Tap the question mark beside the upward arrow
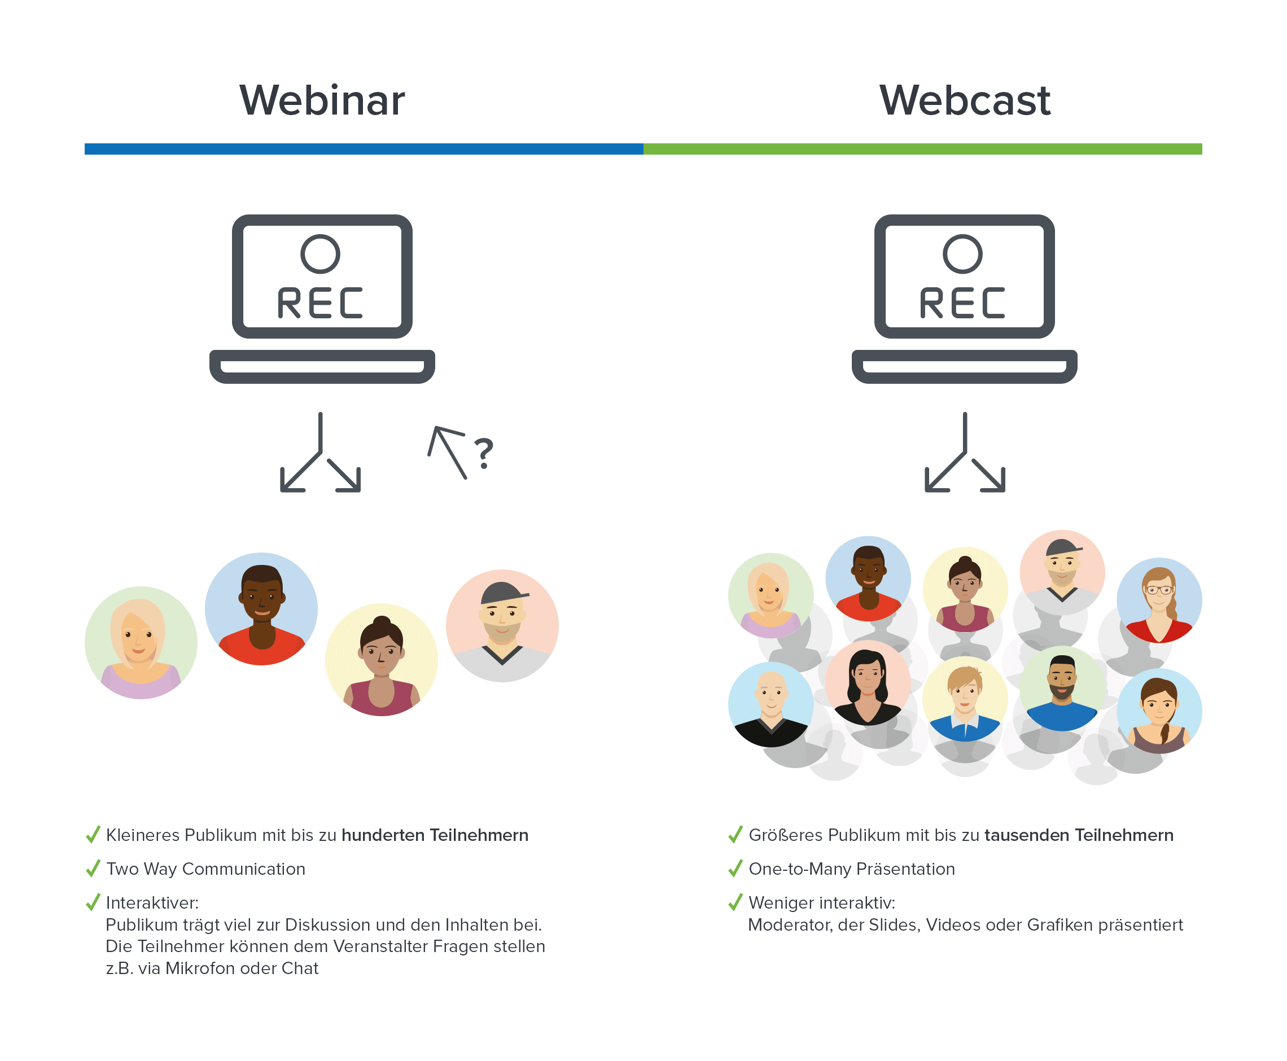coord(484,453)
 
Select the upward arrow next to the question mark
coord(448,451)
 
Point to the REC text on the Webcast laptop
coord(962,303)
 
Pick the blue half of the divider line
coord(364,149)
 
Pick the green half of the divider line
coord(922,149)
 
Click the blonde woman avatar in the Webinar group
coord(141,642)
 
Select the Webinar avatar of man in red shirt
coord(261,609)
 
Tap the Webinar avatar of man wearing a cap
coord(502,625)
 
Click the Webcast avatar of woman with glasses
coord(1159,599)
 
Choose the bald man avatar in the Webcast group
coord(771,704)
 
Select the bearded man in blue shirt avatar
coord(1062,688)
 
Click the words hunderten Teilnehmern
coord(434,835)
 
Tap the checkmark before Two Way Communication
coord(93,869)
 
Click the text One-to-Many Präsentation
coord(851,869)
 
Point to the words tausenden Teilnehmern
coord(1079,835)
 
